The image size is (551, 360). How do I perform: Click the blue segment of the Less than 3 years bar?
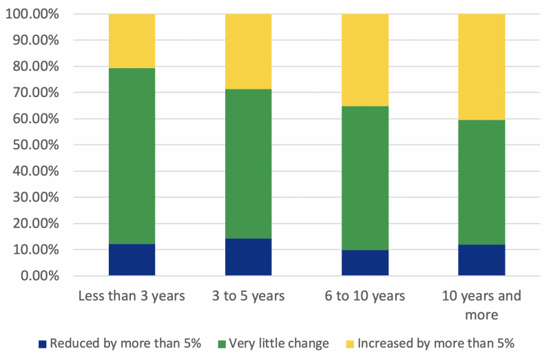pyautogui.click(x=132, y=260)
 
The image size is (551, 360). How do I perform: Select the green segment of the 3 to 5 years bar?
pyautogui.click(x=248, y=164)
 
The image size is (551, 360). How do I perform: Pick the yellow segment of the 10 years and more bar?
pyautogui.click(x=481, y=67)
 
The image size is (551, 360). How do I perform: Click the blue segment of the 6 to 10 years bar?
pyautogui.click(x=365, y=263)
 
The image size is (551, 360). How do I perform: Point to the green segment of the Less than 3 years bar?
pyautogui.click(x=132, y=156)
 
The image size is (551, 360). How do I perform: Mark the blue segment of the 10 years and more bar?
pyautogui.click(x=481, y=260)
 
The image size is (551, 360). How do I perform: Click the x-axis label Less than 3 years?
pyautogui.click(x=132, y=296)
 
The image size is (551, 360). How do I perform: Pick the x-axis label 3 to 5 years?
pyautogui.click(x=248, y=296)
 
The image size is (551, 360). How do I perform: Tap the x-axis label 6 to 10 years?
pyautogui.click(x=365, y=296)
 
